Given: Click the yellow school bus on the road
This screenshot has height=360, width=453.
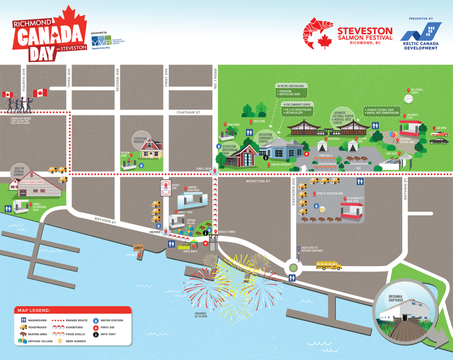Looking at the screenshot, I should point(328,266).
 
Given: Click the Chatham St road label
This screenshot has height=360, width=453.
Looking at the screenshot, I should point(188,112).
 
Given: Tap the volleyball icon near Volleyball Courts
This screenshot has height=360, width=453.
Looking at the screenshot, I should point(408,99).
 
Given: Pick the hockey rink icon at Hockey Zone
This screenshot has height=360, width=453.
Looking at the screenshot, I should point(166,188).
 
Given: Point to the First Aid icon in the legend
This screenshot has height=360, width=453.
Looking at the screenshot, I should point(96,327).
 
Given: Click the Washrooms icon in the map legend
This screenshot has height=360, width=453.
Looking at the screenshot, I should point(23,320).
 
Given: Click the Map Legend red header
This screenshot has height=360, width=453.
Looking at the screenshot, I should point(73,310).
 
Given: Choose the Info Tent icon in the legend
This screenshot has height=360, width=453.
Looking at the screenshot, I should point(96,334).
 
